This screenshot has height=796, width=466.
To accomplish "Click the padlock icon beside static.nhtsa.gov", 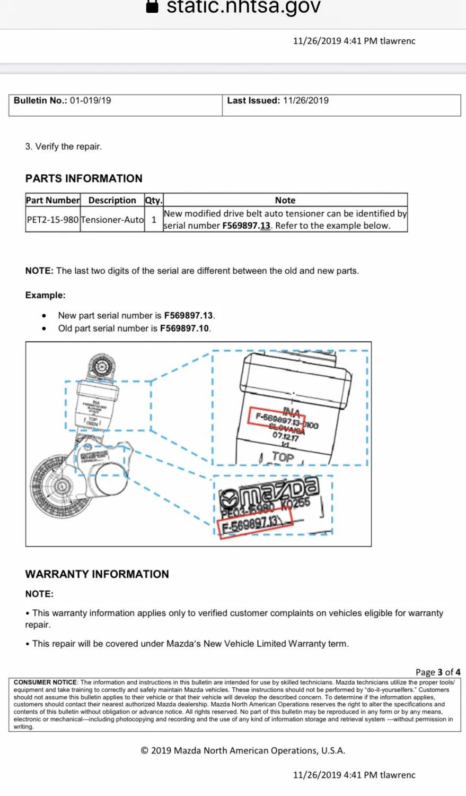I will click(x=152, y=6).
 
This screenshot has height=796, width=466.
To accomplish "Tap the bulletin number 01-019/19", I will click(x=90, y=100).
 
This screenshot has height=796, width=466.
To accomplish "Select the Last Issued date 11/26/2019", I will click(x=305, y=100).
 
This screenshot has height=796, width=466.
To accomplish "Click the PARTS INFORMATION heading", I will click(x=84, y=178).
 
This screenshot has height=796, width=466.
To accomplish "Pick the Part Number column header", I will click(x=52, y=200).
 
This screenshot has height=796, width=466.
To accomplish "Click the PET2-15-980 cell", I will click(x=52, y=219).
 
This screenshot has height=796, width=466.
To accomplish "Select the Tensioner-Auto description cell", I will click(x=112, y=219).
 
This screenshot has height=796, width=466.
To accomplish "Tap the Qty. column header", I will click(x=153, y=200).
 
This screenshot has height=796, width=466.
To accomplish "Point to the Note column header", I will click(x=285, y=200).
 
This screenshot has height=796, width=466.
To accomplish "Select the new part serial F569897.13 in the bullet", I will click(x=189, y=315).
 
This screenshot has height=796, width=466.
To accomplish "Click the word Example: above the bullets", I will click(x=45, y=295).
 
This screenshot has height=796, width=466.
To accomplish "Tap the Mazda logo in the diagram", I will click(x=269, y=490).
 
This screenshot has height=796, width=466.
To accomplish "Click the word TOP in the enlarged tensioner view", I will click(x=283, y=456).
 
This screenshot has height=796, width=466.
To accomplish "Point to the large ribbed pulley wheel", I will click(x=55, y=487).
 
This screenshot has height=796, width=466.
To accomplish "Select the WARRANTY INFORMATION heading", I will click(x=97, y=574).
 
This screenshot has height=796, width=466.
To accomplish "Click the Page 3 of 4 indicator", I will click(x=437, y=672).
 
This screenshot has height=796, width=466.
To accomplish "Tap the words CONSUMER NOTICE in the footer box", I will click(x=45, y=682).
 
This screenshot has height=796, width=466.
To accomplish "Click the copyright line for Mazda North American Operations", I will click(x=243, y=750).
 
